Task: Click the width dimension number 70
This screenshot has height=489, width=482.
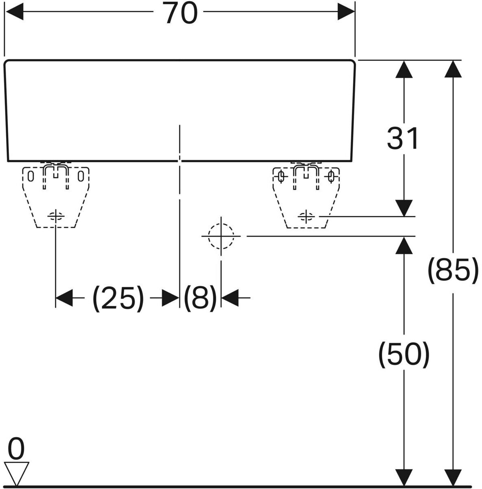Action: tap(182, 13)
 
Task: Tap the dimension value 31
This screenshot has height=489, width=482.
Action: tap(403, 139)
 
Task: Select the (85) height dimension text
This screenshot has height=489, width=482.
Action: tap(453, 271)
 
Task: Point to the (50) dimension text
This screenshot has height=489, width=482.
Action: tap(404, 355)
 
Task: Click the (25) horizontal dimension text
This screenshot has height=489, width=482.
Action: tap(118, 298)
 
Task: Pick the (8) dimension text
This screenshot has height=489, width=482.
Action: tap(200, 298)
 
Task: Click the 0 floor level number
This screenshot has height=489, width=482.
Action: tap(16, 449)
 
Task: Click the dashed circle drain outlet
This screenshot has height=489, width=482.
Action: tap(221, 236)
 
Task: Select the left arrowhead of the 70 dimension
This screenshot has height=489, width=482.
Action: tap(15, 11)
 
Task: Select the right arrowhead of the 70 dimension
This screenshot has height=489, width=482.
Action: tap(346, 11)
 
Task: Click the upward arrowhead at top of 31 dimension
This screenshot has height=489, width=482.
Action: tap(404, 69)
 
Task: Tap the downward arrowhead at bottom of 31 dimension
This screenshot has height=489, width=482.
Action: tap(404, 208)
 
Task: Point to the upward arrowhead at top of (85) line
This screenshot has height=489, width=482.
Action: tap(453, 69)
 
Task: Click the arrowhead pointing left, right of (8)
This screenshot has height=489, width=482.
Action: tap(230, 297)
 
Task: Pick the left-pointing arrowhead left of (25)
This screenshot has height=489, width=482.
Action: tap(64, 297)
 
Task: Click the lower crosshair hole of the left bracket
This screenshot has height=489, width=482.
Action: tap(56, 216)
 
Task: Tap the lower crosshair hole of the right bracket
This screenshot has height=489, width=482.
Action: tap(306, 216)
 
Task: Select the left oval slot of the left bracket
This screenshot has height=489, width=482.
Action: tap(31, 176)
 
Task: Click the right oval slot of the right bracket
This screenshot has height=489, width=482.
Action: tap(331, 176)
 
